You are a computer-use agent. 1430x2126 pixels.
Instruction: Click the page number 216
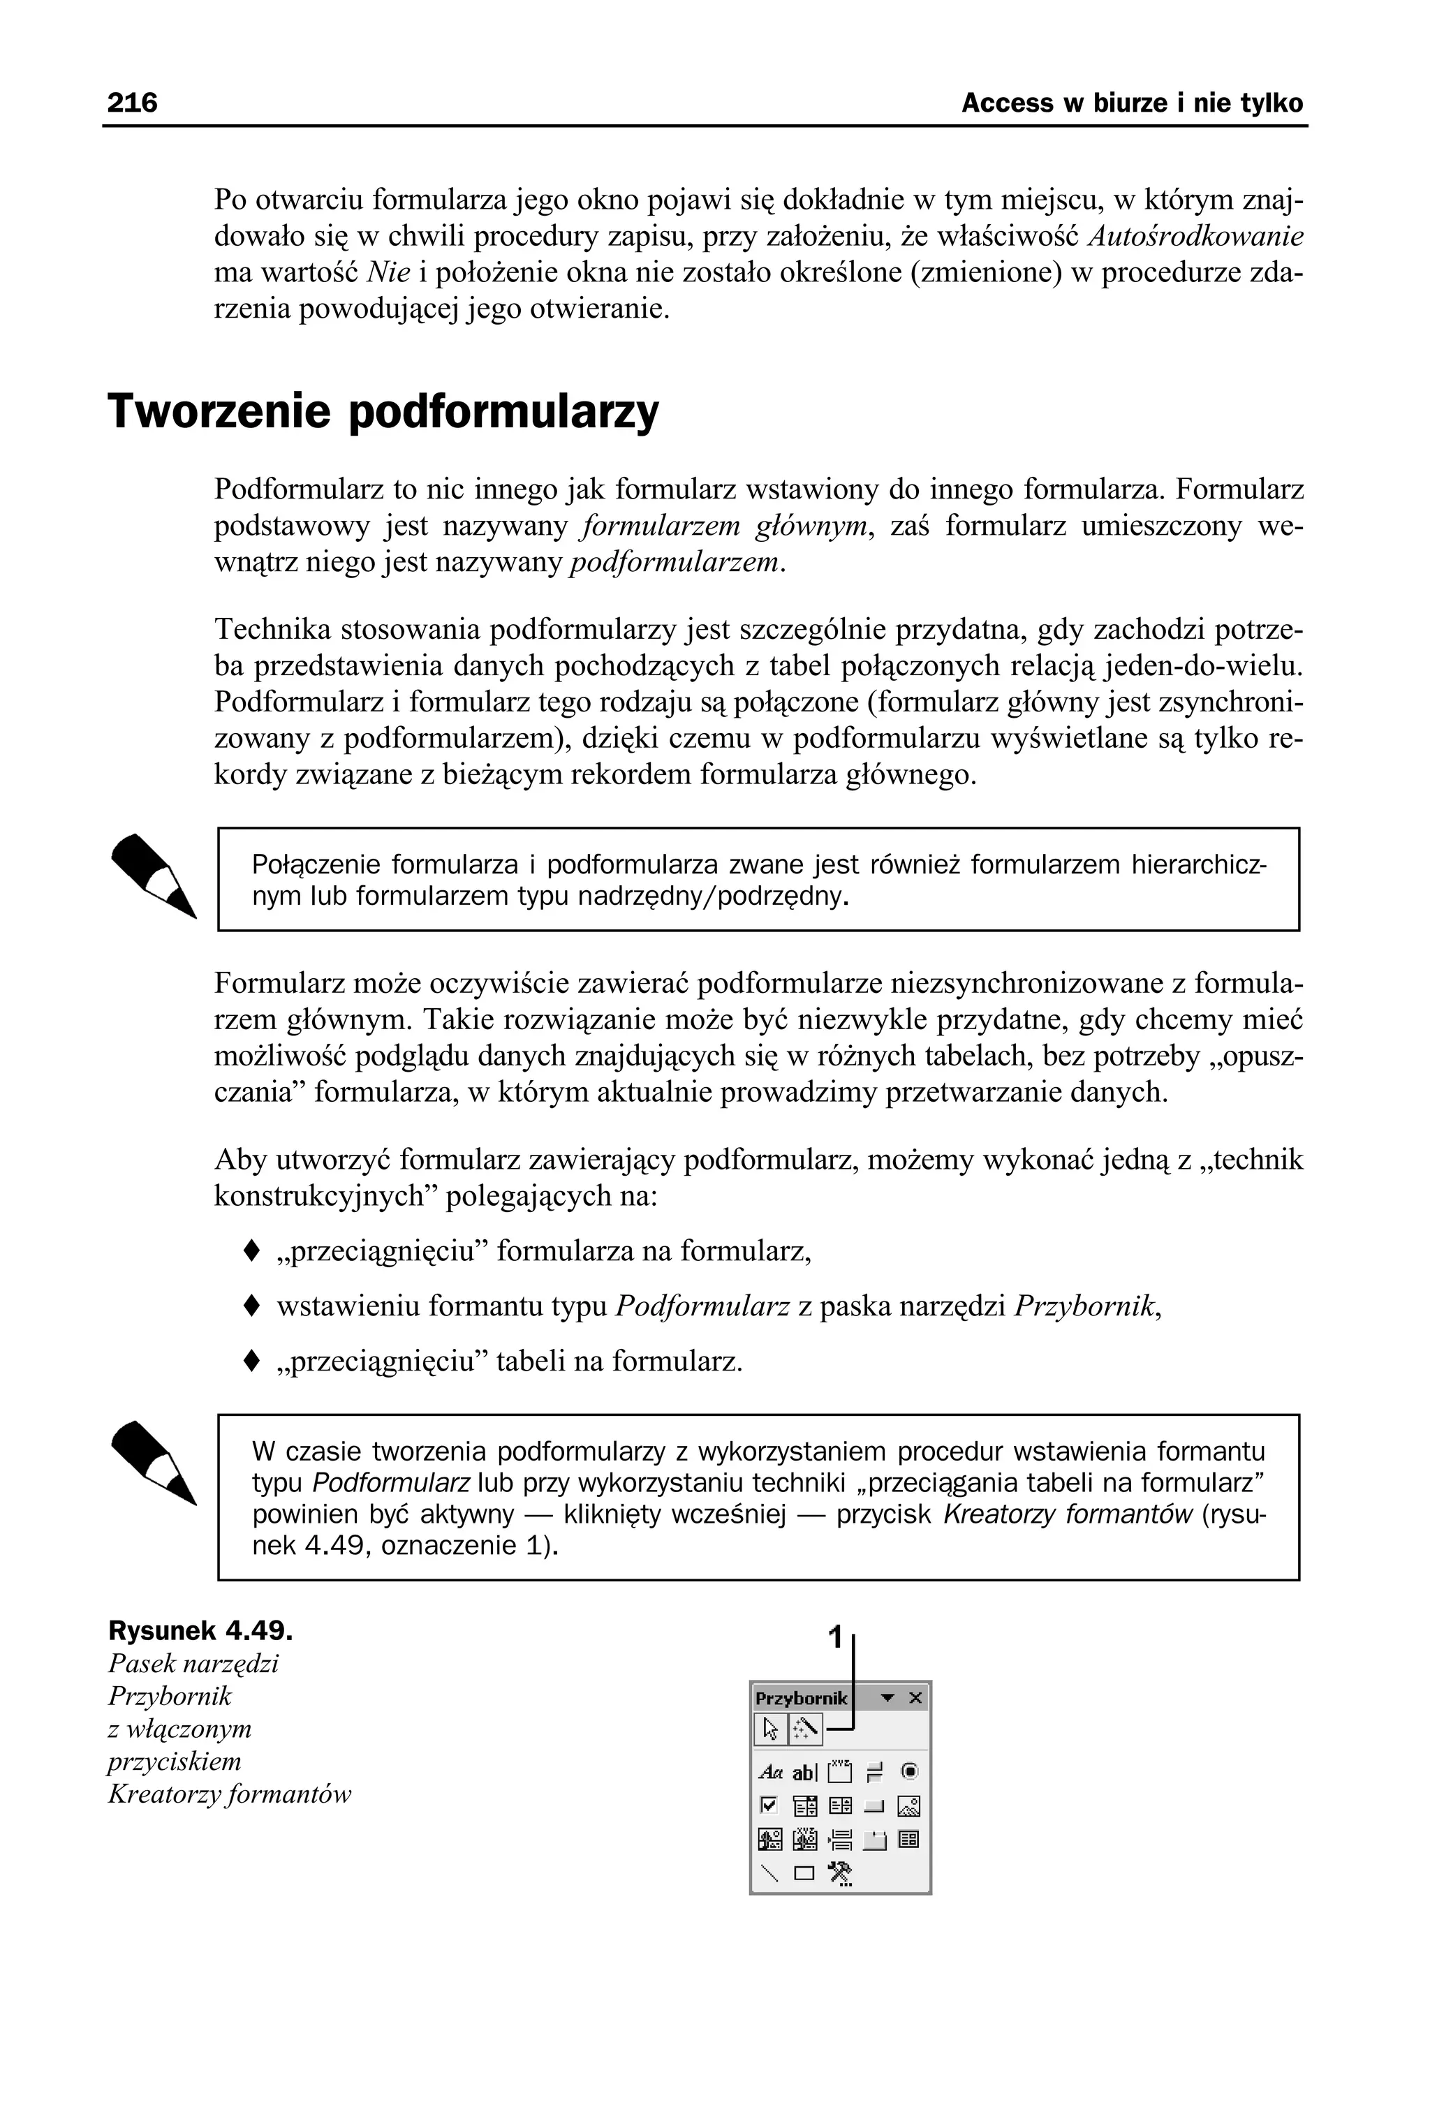tap(132, 103)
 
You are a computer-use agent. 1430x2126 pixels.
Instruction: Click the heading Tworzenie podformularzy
tap(383, 411)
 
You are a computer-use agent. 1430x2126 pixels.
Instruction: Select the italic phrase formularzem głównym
tap(723, 526)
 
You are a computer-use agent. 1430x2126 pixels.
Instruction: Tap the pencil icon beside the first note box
tap(153, 876)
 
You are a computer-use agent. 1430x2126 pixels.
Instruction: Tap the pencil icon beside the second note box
tap(153, 1462)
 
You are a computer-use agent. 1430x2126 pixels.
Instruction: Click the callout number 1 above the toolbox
tap(834, 1637)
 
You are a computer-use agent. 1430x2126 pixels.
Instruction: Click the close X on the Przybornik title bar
tap(915, 1697)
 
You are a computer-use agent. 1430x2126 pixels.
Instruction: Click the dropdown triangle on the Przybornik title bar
tap(887, 1697)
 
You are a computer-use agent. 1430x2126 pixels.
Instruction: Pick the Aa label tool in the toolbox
tap(771, 1772)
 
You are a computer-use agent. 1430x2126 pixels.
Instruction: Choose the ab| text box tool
tap(804, 1772)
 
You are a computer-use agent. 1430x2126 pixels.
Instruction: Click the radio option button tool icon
tap(909, 1771)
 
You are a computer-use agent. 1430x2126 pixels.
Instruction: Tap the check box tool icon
tap(769, 1805)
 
